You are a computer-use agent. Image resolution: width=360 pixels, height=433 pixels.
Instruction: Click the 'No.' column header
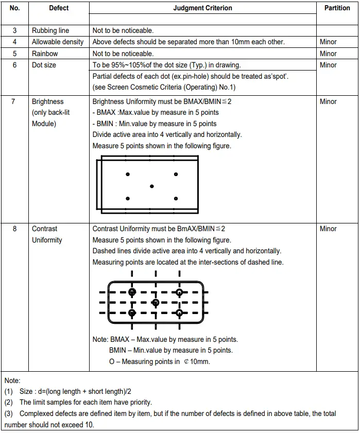(14, 8)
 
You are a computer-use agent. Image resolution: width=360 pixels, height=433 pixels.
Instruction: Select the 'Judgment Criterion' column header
(202, 8)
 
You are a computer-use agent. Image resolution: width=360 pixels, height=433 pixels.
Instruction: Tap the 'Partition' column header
(337, 8)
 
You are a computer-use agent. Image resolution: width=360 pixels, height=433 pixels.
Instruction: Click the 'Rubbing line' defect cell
(50, 31)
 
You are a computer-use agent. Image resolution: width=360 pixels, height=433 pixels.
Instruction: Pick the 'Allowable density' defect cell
(58, 42)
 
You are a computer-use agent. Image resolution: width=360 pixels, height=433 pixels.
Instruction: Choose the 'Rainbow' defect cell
(45, 54)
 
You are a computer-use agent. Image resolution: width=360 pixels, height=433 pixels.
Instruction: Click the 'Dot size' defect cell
(44, 65)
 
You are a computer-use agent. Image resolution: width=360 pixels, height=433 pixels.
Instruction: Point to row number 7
(14, 101)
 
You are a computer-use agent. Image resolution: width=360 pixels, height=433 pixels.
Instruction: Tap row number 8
(14, 229)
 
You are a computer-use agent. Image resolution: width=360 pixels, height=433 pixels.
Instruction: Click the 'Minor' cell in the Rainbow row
(328, 54)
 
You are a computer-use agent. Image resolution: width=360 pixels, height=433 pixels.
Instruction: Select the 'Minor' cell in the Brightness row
(328, 101)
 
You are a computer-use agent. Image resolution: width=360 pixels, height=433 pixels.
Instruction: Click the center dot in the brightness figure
(151, 186)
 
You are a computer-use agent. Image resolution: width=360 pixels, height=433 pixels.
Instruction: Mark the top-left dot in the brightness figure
(128, 175)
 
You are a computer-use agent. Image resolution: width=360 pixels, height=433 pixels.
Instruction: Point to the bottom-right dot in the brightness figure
(176, 198)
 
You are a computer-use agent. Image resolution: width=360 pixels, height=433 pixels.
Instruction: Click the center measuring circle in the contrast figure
(156, 302)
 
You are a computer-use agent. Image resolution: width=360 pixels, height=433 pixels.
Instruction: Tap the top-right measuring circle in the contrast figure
(179, 292)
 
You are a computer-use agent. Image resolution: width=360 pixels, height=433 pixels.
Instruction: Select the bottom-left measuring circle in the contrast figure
(132, 313)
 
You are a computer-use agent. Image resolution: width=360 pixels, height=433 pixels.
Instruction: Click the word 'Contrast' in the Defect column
(45, 229)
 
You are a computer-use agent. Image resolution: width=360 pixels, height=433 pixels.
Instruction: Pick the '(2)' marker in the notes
(9, 402)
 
